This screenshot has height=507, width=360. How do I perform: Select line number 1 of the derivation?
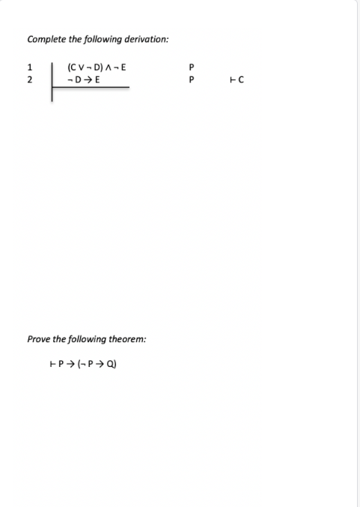pyautogui.click(x=28, y=68)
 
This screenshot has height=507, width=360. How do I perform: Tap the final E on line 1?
pyautogui.click(x=123, y=68)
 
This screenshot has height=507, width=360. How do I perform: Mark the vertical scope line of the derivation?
pyautogui.click(x=52, y=82)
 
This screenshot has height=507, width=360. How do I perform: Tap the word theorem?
pyautogui.click(x=129, y=339)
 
